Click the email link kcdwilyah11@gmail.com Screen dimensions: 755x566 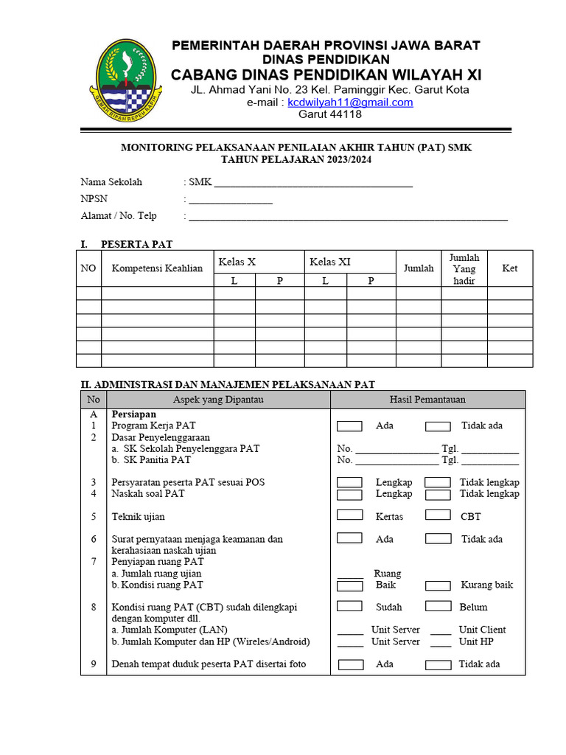click(x=350, y=102)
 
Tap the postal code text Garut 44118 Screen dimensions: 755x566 click(x=329, y=114)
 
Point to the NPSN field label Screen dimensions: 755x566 click(x=93, y=199)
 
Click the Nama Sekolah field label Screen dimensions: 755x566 click(x=111, y=182)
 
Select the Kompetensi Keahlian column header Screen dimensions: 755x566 click(x=157, y=268)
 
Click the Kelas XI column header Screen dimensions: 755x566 click(x=330, y=262)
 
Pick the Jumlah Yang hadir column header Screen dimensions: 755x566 click(x=464, y=269)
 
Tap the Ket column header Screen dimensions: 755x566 click(x=509, y=268)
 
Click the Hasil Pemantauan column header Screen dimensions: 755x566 click(x=427, y=400)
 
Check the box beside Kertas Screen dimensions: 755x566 click(x=349, y=515)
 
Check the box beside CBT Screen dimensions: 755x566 click(x=439, y=515)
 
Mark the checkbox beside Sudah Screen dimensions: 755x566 click(x=349, y=606)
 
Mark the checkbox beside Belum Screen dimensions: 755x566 click(x=439, y=606)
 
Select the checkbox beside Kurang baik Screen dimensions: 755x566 click(x=439, y=585)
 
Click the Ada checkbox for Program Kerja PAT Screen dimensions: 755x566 click(x=349, y=426)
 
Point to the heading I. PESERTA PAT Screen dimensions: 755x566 click(x=126, y=244)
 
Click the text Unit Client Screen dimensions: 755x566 click(x=482, y=630)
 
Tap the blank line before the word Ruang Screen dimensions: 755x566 click(x=351, y=574)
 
